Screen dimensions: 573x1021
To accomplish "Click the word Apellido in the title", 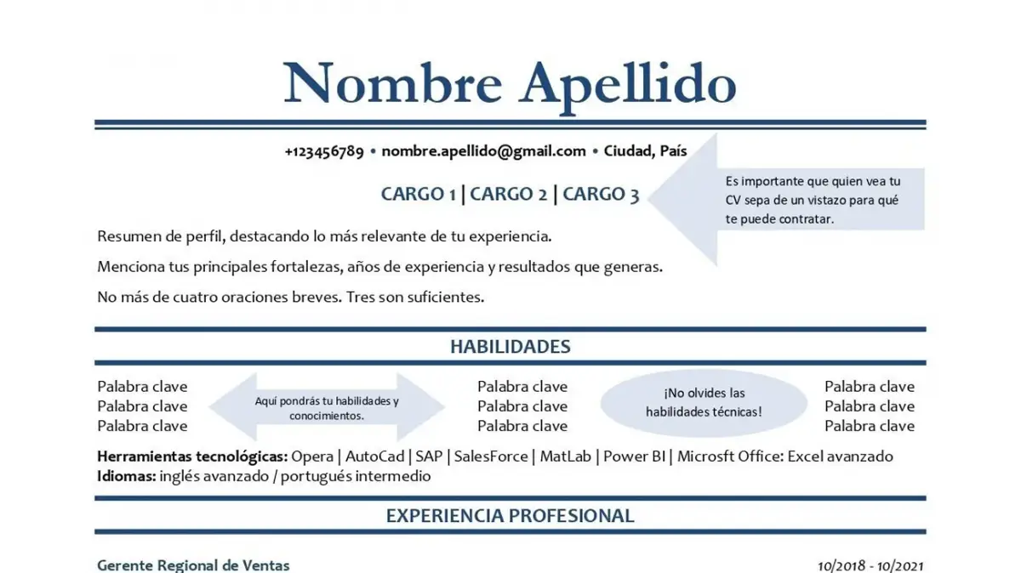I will click(628, 82).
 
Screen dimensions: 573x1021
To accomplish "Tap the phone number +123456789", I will click(324, 151).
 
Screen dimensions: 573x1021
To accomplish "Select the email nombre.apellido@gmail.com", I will click(483, 151).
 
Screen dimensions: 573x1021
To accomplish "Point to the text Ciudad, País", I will click(645, 151).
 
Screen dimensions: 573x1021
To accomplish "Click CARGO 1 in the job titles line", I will click(418, 194).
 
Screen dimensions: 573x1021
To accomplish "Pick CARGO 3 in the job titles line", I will click(601, 194).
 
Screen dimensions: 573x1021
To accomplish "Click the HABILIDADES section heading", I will click(510, 347).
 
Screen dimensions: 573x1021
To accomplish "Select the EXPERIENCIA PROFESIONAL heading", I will click(510, 516).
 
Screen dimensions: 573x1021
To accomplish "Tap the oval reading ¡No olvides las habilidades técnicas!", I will click(704, 403).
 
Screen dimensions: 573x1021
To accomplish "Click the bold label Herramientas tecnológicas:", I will click(191, 457).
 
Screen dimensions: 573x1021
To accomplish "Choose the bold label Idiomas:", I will click(126, 476).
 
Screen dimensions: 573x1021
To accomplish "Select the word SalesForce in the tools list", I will click(490, 457).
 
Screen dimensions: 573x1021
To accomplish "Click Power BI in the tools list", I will click(635, 457).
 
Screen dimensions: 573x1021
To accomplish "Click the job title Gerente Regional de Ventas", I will click(193, 565).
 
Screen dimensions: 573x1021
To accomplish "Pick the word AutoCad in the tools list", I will click(375, 457).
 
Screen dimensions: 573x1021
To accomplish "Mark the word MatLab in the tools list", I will click(565, 457).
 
